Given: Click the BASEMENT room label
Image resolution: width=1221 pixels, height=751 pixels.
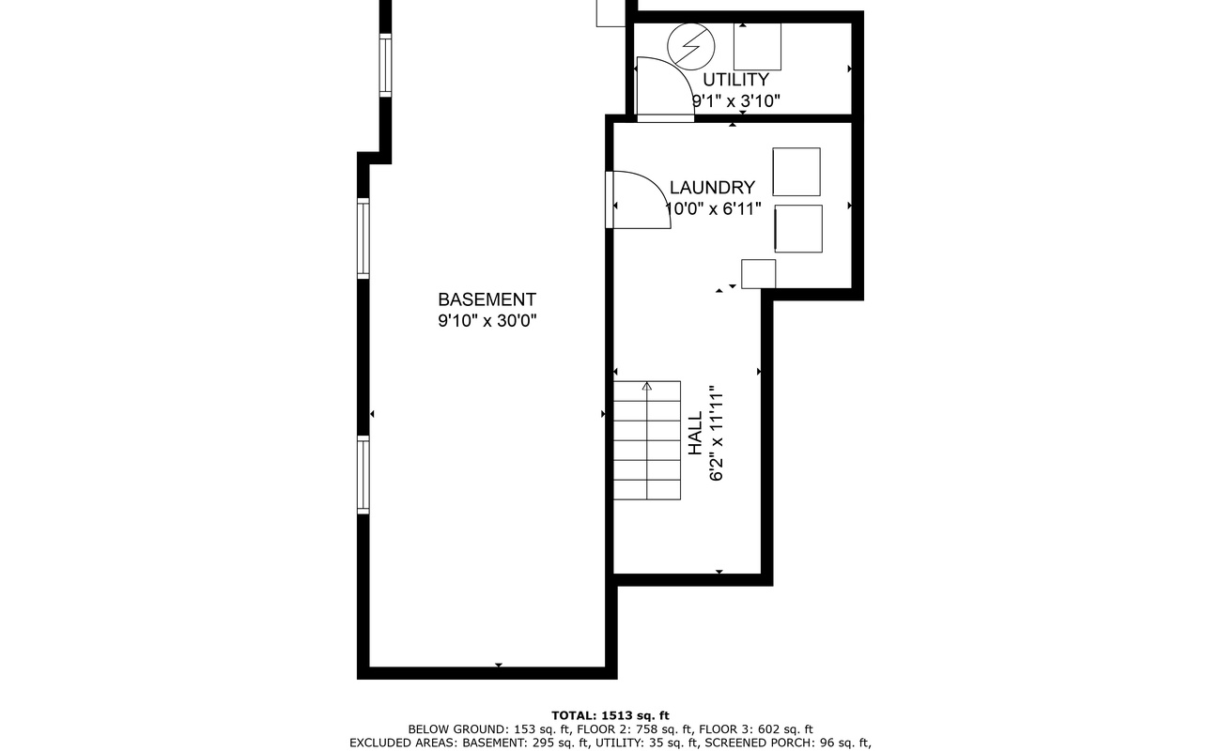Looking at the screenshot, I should pyautogui.click(x=487, y=299).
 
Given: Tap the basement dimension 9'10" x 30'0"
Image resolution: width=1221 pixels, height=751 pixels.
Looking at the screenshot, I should pyautogui.click(x=487, y=321).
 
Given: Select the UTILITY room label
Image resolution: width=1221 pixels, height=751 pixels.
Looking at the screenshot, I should pyautogui.click(x=735, y=80).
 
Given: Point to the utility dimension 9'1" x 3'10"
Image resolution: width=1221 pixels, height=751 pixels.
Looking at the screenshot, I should pyautogui.click(x=735, y=100).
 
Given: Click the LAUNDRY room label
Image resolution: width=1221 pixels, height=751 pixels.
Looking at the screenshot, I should pyautogui.click(x=712, y=188).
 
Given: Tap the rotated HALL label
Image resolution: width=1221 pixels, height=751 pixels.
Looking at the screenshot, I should pyautogui.click(x=695, y=434).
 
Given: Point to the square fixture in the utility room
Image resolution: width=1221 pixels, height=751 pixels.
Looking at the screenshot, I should pyautogui.click(x=757, y=46).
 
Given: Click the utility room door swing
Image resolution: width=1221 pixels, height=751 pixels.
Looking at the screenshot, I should pyautogui.click(x=663, y=89).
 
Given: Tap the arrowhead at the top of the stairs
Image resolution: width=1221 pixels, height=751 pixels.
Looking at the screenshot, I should pyautogui.click(x=647, y=386).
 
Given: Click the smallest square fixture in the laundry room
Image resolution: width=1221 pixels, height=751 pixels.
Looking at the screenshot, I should pyautogui.click(x=758, y=273).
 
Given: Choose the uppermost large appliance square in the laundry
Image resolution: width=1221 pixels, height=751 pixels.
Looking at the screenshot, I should pyautogui.click(x=796, y=172).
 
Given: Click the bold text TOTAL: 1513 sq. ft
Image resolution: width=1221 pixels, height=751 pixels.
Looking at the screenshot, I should pyautogui.click(x=610, y=715).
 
